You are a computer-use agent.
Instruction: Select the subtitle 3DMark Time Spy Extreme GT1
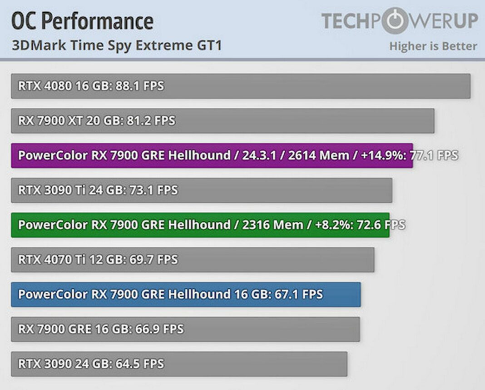[x=116, y=45]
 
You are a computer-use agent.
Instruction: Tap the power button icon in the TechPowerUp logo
[x=395, y=20]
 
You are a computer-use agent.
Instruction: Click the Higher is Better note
[x=433, y=46]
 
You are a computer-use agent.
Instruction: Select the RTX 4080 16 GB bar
[x=241, y=86]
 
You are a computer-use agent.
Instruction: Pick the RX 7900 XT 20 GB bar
[x=223, y=120]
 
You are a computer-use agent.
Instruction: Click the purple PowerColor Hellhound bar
[x=212, y=155]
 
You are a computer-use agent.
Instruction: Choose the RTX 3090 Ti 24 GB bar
[x=202, y=190]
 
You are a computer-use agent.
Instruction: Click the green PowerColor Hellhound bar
[x=200, y=225]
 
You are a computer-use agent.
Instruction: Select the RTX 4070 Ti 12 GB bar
[x=193, y=260]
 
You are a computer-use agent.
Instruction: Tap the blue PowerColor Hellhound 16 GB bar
[x=186, y=294]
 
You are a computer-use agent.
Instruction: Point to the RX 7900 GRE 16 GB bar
[x=185, y=329]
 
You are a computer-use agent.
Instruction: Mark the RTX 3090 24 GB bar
[x=179, y=364]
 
